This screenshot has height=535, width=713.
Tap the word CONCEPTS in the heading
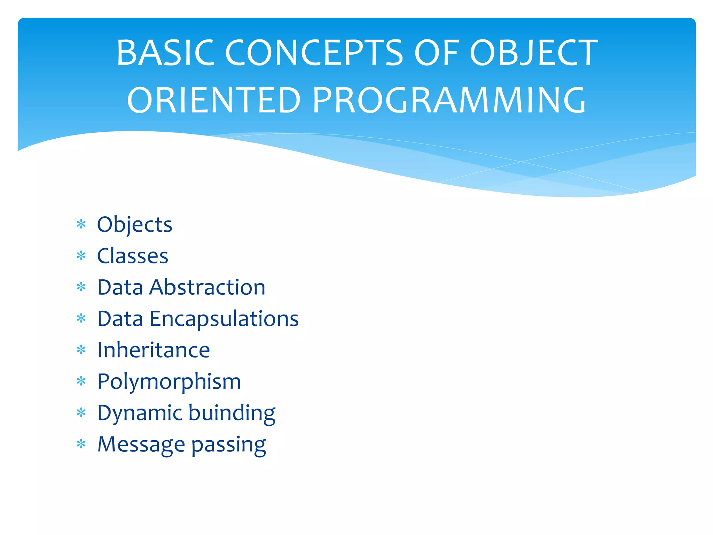click(314, 53)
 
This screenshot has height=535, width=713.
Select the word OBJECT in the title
click(533, 53)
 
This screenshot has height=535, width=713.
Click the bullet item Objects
click(135, 225)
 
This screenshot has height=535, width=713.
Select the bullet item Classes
click(133, 256)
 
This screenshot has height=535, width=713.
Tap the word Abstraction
click(207, 287)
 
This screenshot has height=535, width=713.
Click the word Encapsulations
click(224, 319)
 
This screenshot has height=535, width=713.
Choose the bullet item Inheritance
click(154, 350)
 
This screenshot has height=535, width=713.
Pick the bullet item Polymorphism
click(169, 382)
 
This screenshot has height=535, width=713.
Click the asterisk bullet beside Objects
click(81, 225)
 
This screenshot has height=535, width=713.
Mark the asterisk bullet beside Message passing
click(81, 444)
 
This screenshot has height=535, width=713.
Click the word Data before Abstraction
click(120, 287)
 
